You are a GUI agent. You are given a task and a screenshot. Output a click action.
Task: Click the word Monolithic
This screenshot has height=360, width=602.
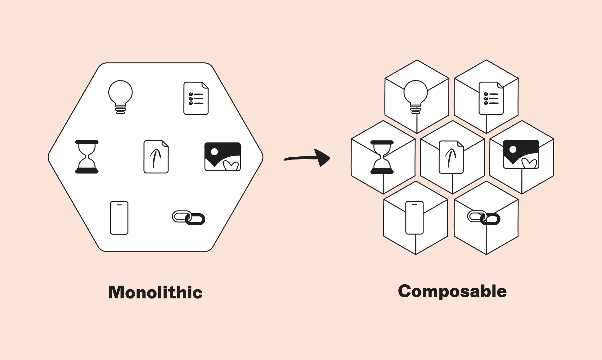(x=155, y=292)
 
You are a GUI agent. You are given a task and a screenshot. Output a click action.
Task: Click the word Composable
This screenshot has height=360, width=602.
(x=452, y=291)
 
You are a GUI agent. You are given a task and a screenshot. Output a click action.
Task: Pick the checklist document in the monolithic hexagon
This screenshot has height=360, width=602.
(x=196, y=98)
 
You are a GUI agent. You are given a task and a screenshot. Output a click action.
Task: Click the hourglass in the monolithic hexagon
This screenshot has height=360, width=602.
(x=87, y=157)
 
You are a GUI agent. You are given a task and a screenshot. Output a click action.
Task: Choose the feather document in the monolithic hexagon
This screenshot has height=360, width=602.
(x=156, y=157)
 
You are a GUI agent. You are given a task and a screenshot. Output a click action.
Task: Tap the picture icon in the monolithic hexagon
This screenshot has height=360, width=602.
(x=222, y=157)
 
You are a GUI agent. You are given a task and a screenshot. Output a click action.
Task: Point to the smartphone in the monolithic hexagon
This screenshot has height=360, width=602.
(x=119, y=218)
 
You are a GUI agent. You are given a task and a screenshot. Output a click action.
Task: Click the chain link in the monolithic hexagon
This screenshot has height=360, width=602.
(x=189, y=218)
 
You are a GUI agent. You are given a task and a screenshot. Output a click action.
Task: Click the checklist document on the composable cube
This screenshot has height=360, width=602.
(x=491, y=98)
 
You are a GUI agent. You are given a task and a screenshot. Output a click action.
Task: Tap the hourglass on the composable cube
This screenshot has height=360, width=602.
(x=382, y=157)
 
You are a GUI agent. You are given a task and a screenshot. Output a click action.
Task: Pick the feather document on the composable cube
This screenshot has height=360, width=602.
(x=451, y=157)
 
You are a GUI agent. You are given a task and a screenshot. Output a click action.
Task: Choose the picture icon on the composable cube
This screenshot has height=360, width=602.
(x=521, y=154)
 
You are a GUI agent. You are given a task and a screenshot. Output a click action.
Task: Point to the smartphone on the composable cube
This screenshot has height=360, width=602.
(x=414, y=218)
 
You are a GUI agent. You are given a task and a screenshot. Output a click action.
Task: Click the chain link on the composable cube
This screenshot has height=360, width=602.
(x=484, y=218)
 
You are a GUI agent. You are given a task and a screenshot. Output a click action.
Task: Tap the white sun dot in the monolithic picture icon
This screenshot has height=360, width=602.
(x=214, y=152)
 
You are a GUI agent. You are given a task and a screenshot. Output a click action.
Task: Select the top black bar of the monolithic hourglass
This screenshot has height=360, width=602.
(x=87, y=142)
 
